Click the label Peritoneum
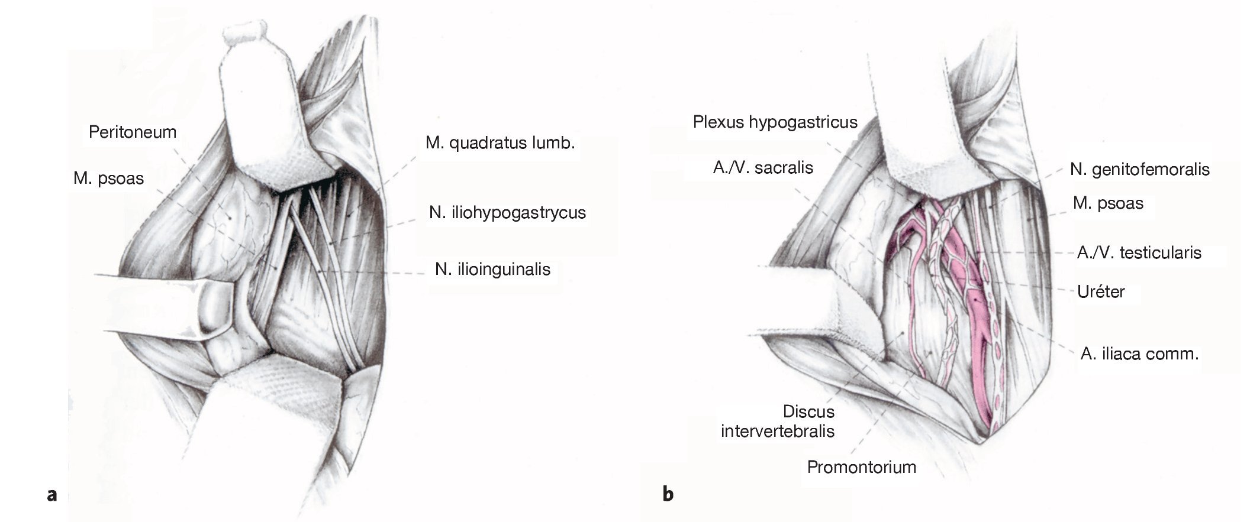133,132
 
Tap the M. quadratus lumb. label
500,143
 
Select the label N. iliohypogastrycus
507,213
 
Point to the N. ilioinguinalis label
492,270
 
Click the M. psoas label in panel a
108,179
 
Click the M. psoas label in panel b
1108,203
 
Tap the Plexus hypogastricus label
775,122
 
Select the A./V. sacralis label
763,168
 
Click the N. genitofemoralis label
1139,170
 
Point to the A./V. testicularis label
1139,253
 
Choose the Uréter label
1101,291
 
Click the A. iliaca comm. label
1139,354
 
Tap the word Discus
808,411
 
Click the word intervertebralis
777,431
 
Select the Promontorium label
861,467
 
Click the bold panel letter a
52,494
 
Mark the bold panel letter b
668,493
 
